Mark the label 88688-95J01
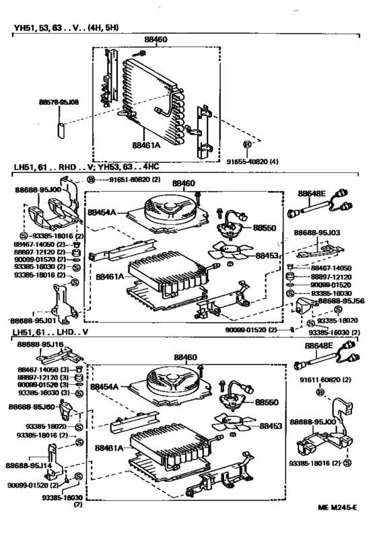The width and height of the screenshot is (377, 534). (x=34, y=321)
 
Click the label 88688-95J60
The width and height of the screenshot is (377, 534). (x=32, y=407)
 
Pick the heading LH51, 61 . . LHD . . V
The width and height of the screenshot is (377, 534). (x=60, y=333)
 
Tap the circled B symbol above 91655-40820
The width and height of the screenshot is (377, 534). (x=247, y=145)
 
